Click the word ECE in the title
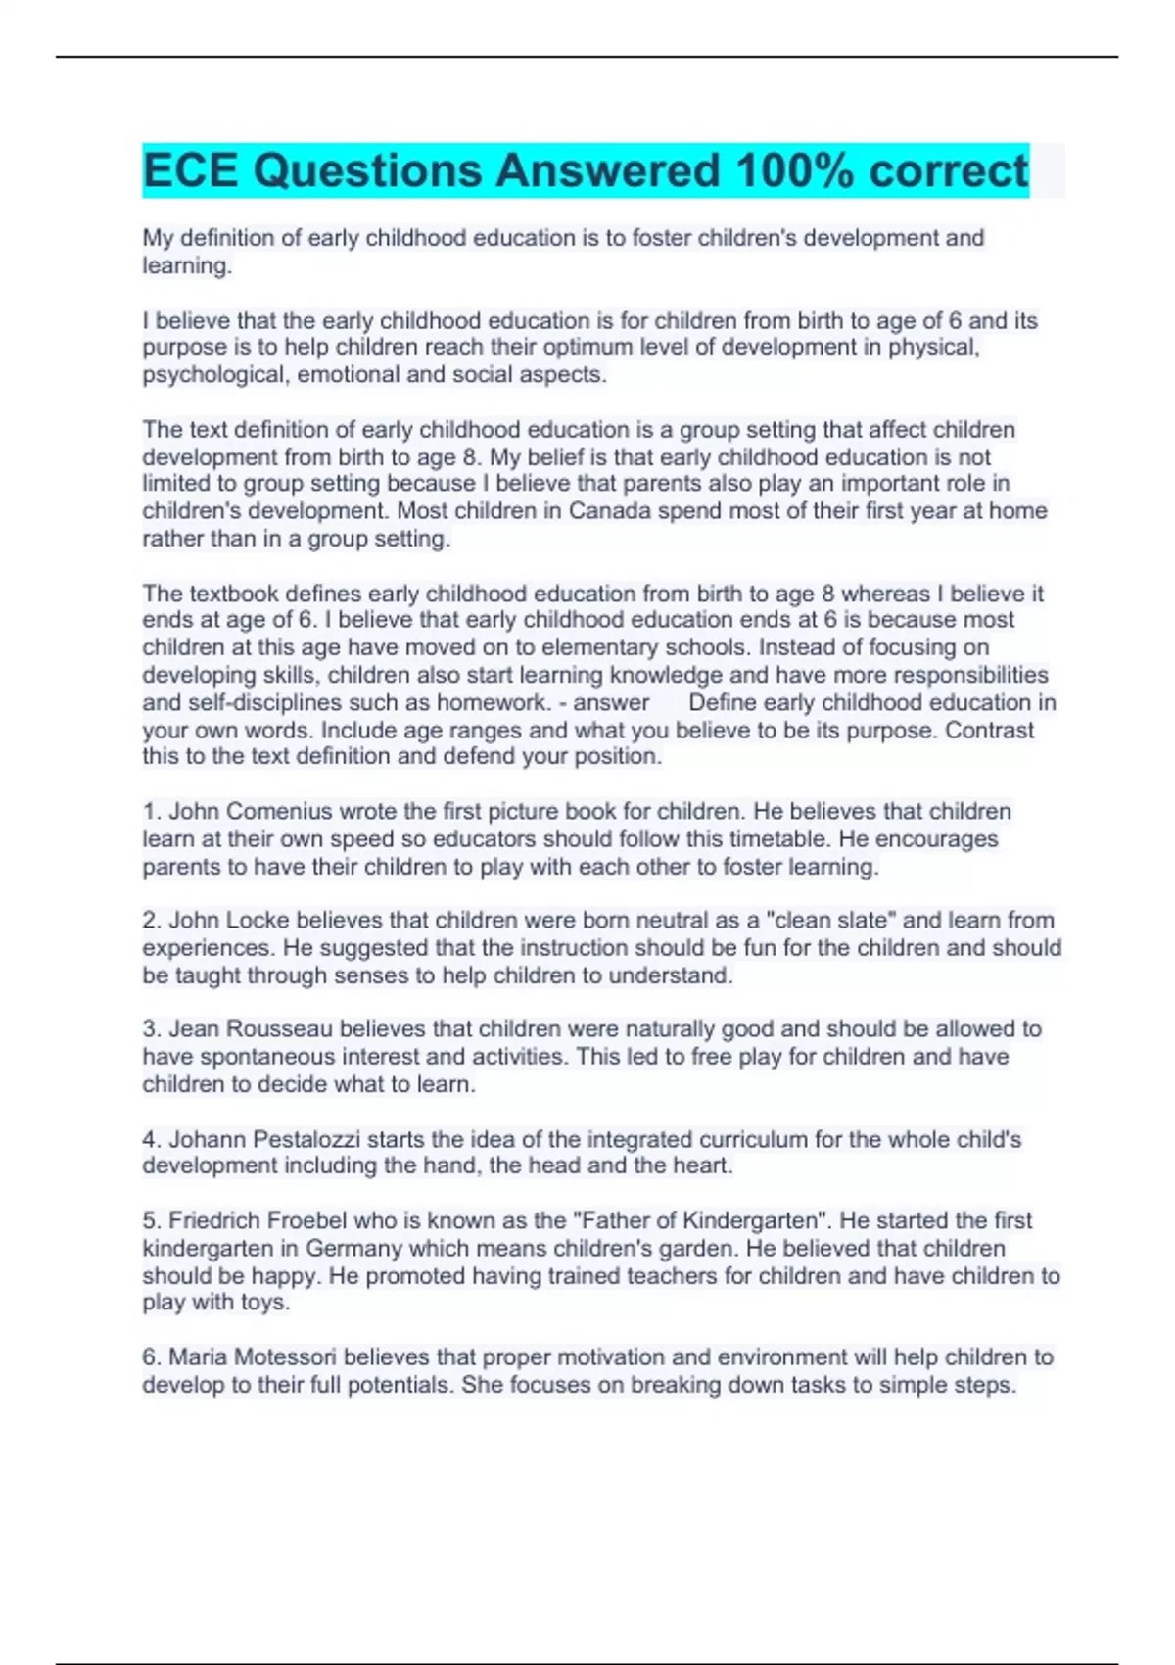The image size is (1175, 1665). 190,170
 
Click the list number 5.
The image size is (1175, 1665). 150,1221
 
